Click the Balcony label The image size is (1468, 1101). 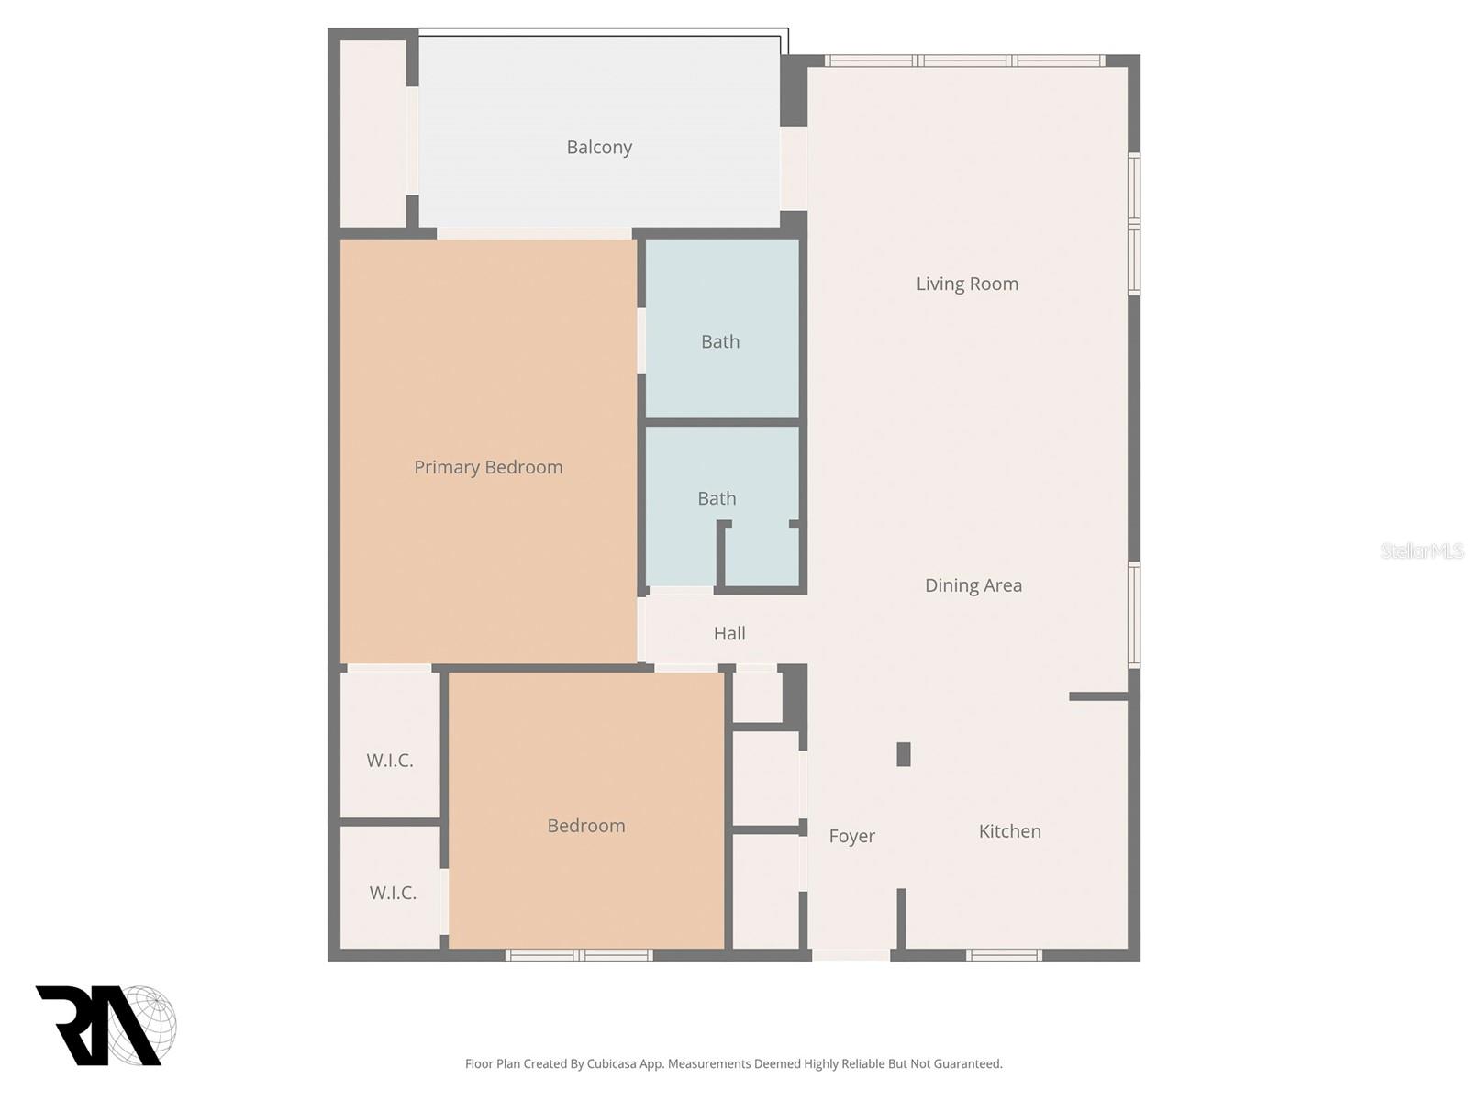click(x=599, y=148)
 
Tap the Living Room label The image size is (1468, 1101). click(x=967, y=284)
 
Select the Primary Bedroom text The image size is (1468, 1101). click(x=488, y=468)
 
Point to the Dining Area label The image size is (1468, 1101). click(x=973, y=585)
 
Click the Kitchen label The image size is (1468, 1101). click(x=1009, y=831)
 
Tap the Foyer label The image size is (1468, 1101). click(x=851, y=836)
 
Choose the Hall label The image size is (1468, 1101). click(x=729, y=633)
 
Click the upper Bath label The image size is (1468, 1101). click(x=720, y=342)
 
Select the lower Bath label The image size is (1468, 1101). click(x=717, y=498)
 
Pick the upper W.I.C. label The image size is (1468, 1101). click(x=390, y=761)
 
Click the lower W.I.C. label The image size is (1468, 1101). click(x=393, y=893)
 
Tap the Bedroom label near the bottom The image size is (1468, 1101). click(x=586, y=826)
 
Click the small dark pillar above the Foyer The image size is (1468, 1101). click(x=904, y=754)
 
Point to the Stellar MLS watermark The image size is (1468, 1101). click(x=1421, y=550)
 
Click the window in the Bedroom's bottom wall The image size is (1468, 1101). click(x=579, y=955)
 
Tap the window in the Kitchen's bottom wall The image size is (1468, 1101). click(x=1004, y=955)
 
